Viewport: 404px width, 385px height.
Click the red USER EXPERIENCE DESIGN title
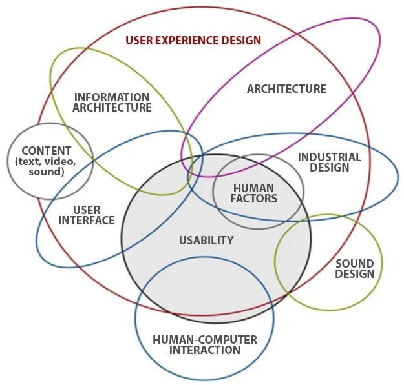(193, 41)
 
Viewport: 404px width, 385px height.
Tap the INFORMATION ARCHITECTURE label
(112, 103)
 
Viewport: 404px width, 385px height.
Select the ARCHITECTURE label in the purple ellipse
(286, 89)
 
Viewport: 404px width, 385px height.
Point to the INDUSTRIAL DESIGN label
(329, 163)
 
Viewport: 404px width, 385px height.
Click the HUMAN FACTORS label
(254, 193)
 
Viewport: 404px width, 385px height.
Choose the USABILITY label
(206, 241)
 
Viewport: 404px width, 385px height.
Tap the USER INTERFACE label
(87, 215)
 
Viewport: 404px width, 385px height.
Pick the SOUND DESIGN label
(355, 268)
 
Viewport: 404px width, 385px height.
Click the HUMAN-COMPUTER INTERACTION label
(205, 345)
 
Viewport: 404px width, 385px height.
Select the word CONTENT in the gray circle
(46, 151)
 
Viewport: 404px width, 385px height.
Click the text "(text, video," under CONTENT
(46, 161)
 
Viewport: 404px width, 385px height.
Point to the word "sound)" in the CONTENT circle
(46, 172)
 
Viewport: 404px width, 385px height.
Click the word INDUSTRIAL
(329, 157)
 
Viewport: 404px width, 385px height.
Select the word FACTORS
(254, 199)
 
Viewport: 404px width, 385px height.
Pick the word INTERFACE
(87, 221)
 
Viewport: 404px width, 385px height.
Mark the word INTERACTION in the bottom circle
(205, 350)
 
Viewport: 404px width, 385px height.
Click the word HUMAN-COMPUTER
(205, 340)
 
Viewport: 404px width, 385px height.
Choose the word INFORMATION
(112, 97)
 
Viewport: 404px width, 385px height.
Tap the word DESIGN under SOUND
(355, 273)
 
